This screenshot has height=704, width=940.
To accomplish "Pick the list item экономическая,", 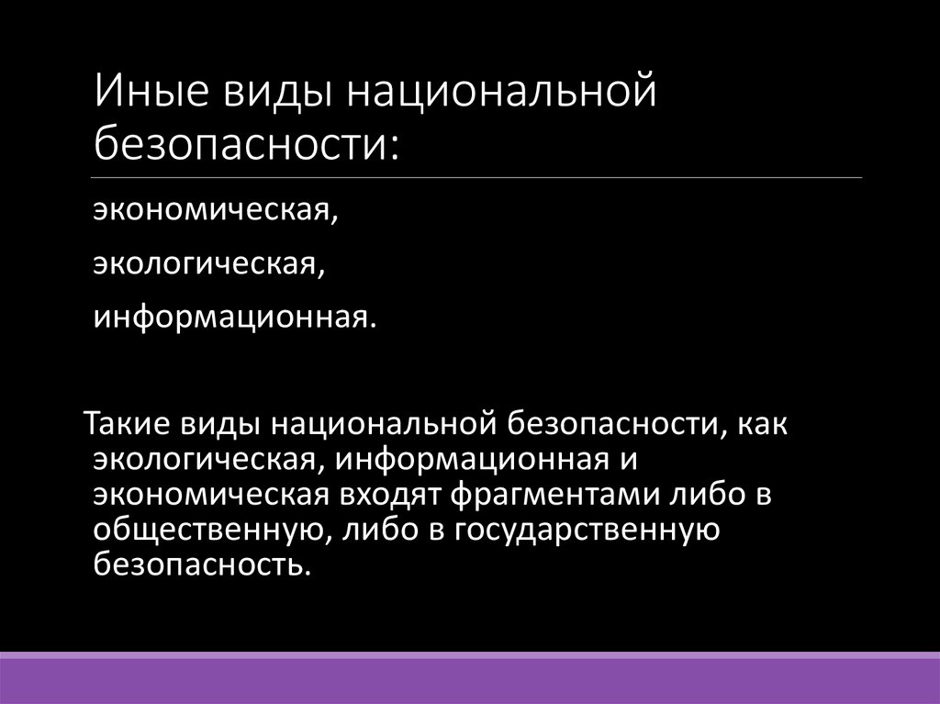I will [x=214, y=212].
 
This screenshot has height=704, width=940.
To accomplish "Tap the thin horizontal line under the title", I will [x=477, y=177].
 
